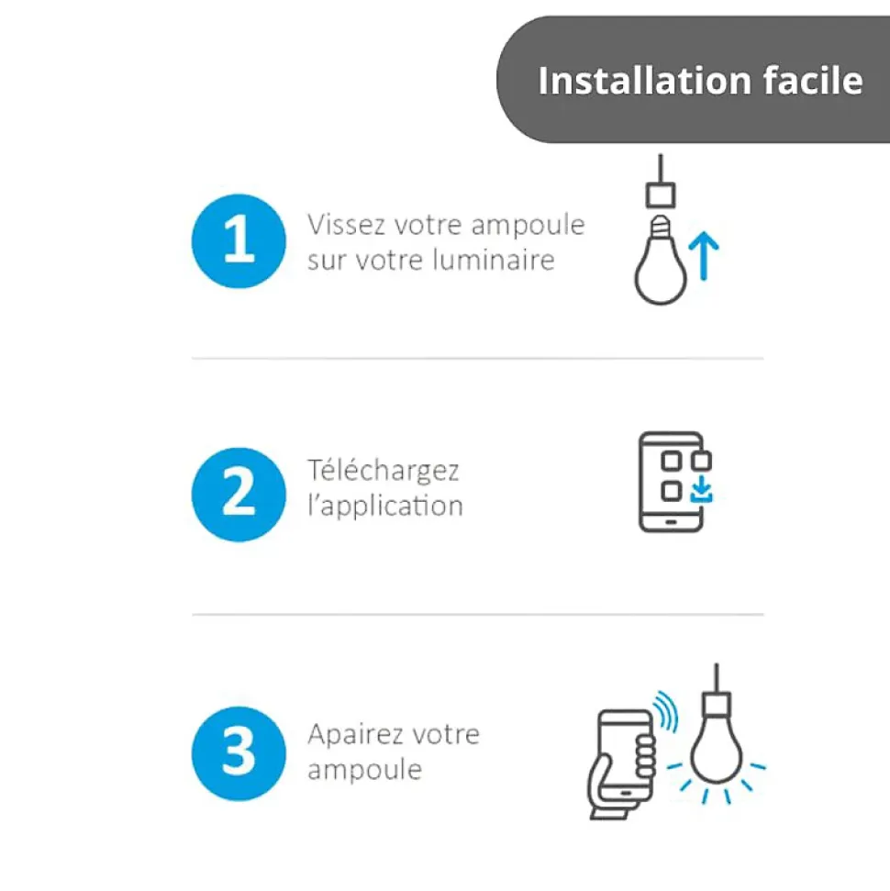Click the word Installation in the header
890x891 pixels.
[x=644, y=80]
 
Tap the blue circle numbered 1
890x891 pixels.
[x=239, y=241]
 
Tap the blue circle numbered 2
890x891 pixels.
[x=239, y=495]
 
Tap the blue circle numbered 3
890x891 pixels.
[x=239, y=753]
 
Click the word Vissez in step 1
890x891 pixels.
[x=346, y=225]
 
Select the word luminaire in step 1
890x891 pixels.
[x=494, y=260]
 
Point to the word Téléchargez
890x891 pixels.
[x=383, y=471]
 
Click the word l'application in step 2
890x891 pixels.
[x=385, y=506]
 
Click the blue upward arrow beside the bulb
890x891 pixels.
[x=704, y=256]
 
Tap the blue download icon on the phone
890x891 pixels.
[x=701, y=490]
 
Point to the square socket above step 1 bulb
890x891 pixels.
[x=661, y=195]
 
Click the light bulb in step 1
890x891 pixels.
[x=660, y=261]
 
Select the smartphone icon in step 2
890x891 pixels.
[x=674, y=482]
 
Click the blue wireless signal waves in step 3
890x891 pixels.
[x=665, y=711]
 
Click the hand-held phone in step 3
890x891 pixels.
[x=621, y=764]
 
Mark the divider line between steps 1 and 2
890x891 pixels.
[x=477, y=359]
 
